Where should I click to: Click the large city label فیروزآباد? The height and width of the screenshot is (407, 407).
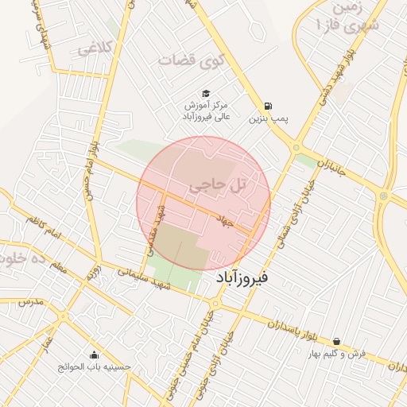click(x=242, y=278)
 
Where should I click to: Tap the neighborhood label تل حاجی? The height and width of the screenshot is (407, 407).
click(x=217, y=186)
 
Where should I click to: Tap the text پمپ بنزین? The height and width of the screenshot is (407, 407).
click(x=266, y=119)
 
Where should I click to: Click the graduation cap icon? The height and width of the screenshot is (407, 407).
click(x=206, y=93)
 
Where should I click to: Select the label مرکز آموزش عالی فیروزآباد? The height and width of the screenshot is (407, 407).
click(x=207, y=110)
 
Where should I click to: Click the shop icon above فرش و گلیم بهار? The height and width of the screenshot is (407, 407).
click(x=336, y=341)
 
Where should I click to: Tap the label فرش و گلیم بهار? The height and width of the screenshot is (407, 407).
click(x=337, y=354)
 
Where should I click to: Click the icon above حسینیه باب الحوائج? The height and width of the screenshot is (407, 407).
click(x=95, y=355)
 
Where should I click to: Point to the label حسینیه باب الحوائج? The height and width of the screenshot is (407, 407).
click(x=95, y=367)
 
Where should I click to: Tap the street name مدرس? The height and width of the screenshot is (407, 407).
click(x=29, y=303)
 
